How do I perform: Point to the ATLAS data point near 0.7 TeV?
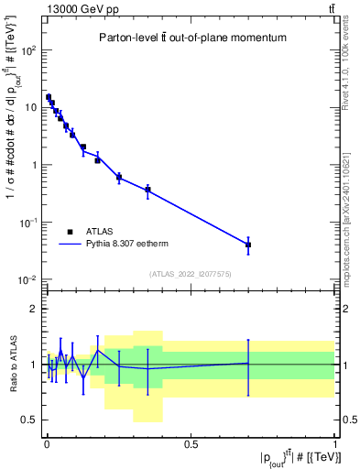248,245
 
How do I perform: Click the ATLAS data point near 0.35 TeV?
147,190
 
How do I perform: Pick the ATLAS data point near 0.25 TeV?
119,177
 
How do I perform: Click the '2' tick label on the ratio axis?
33,309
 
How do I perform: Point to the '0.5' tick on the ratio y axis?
27,420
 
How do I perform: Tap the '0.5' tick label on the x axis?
191,442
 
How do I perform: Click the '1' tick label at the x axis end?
334,442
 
